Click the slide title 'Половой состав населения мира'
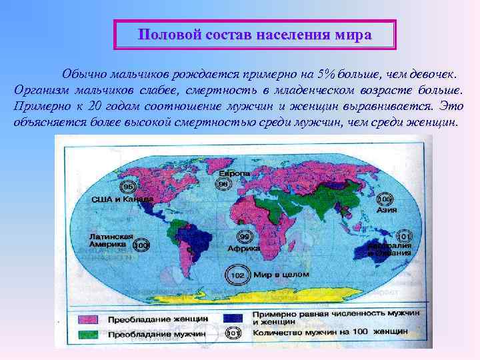[x=255, y=35]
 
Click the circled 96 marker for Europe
[x=224, y=185]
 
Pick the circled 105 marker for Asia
[x=386, y=199]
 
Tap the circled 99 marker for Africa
[x=245, y=237]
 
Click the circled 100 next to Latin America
[x=141, y=246]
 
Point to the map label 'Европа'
[x=237, y=174]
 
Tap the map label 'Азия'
[x=387, y=210]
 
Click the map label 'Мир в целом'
[x=273, y=275]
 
